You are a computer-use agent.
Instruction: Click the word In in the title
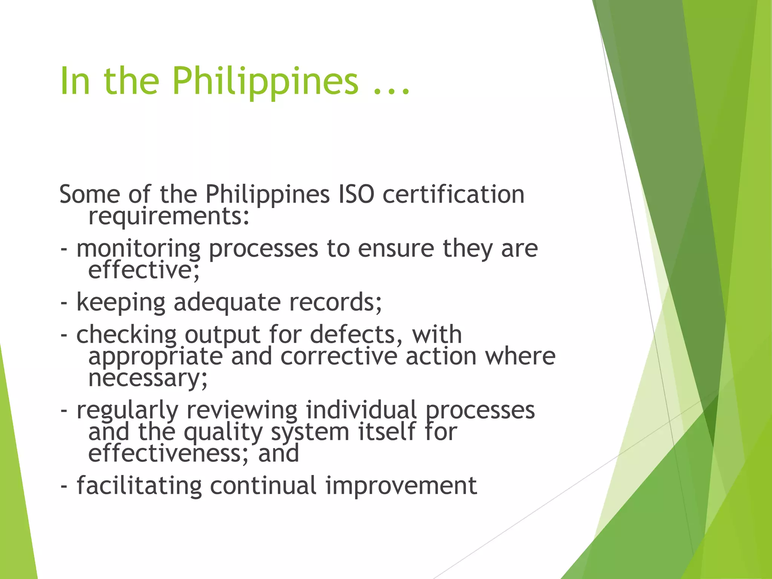pyautogui.click(x=75, y=81)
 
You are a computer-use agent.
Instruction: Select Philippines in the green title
pyautogui.click(x=265, y=81)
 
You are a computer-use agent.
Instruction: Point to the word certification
pyautogui.click(x=453, y=195)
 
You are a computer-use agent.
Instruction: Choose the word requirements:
pyautogui.click(x=169, y=217)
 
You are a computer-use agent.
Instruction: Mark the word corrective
pyautogui.click(x=339, y=356)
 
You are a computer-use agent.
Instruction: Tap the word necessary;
pyautogui.click(x=148, y=378)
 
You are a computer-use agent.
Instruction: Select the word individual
pyautogui.click(x=361, y=410)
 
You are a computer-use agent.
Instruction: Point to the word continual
pyautogui.click(x=263, y=486)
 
